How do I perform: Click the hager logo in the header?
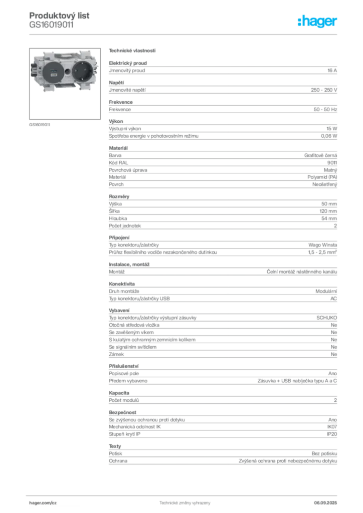coord(317,22)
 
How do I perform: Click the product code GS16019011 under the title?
coord(51,25)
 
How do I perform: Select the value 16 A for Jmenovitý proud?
coord(332,70)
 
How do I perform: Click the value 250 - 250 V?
coord(324,90)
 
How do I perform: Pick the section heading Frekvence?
coord(121,102)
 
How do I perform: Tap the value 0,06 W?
coord(329,136)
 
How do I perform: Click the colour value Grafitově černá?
coord(320,156)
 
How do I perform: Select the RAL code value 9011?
coord(332,163)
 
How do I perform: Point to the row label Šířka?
coord(114,211)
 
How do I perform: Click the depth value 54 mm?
coord(329,218)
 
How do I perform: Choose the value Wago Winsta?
coord(322,245)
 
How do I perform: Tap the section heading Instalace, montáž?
coord(129,265)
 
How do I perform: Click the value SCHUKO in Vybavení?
coord(327,318)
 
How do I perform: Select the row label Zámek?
coord(116,354)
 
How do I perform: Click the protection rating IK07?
coord(332,427)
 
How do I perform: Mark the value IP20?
coord(332,434)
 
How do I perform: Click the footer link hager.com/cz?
coord(43,503)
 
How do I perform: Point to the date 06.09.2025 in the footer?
coord(325,503)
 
